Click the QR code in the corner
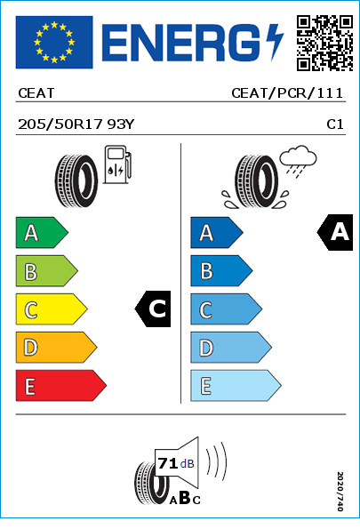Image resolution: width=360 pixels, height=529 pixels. pos(325,43)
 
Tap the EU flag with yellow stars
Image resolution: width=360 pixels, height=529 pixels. pos(54,42)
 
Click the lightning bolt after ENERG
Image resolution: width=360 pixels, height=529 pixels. pos(275,43)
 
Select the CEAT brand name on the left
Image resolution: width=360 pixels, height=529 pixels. pos(36,93)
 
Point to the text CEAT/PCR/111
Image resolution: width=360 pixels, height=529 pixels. pos(287,93)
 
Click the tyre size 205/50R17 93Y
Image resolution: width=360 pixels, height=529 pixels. pos(76,124)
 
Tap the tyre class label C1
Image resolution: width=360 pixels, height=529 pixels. pos(335,124)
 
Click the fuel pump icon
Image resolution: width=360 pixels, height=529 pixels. pos(117,164)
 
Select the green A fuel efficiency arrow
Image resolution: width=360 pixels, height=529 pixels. pos(42,233)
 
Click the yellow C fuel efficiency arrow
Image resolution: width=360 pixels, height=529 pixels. pos(52,309)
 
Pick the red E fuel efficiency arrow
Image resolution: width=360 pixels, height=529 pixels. pos(61,386)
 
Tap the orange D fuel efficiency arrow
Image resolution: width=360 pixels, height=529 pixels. pos(56,348)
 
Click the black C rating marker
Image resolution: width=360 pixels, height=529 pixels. pos(153,309)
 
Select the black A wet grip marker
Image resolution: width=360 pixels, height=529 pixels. pos(335,232)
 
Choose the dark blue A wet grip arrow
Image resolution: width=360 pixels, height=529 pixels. pos(217,233)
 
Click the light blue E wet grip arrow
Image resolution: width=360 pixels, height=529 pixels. pos(236,386)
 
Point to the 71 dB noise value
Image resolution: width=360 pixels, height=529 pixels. pos(176,463)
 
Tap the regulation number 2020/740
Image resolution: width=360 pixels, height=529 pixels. pos(340,491)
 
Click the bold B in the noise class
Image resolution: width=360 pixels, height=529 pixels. pos(185,498)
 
